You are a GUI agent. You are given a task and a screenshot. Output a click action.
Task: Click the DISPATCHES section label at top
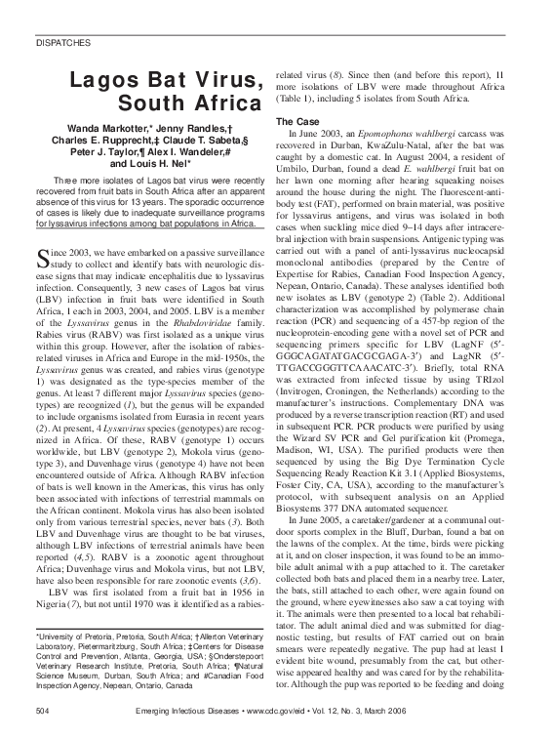point(60,44)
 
